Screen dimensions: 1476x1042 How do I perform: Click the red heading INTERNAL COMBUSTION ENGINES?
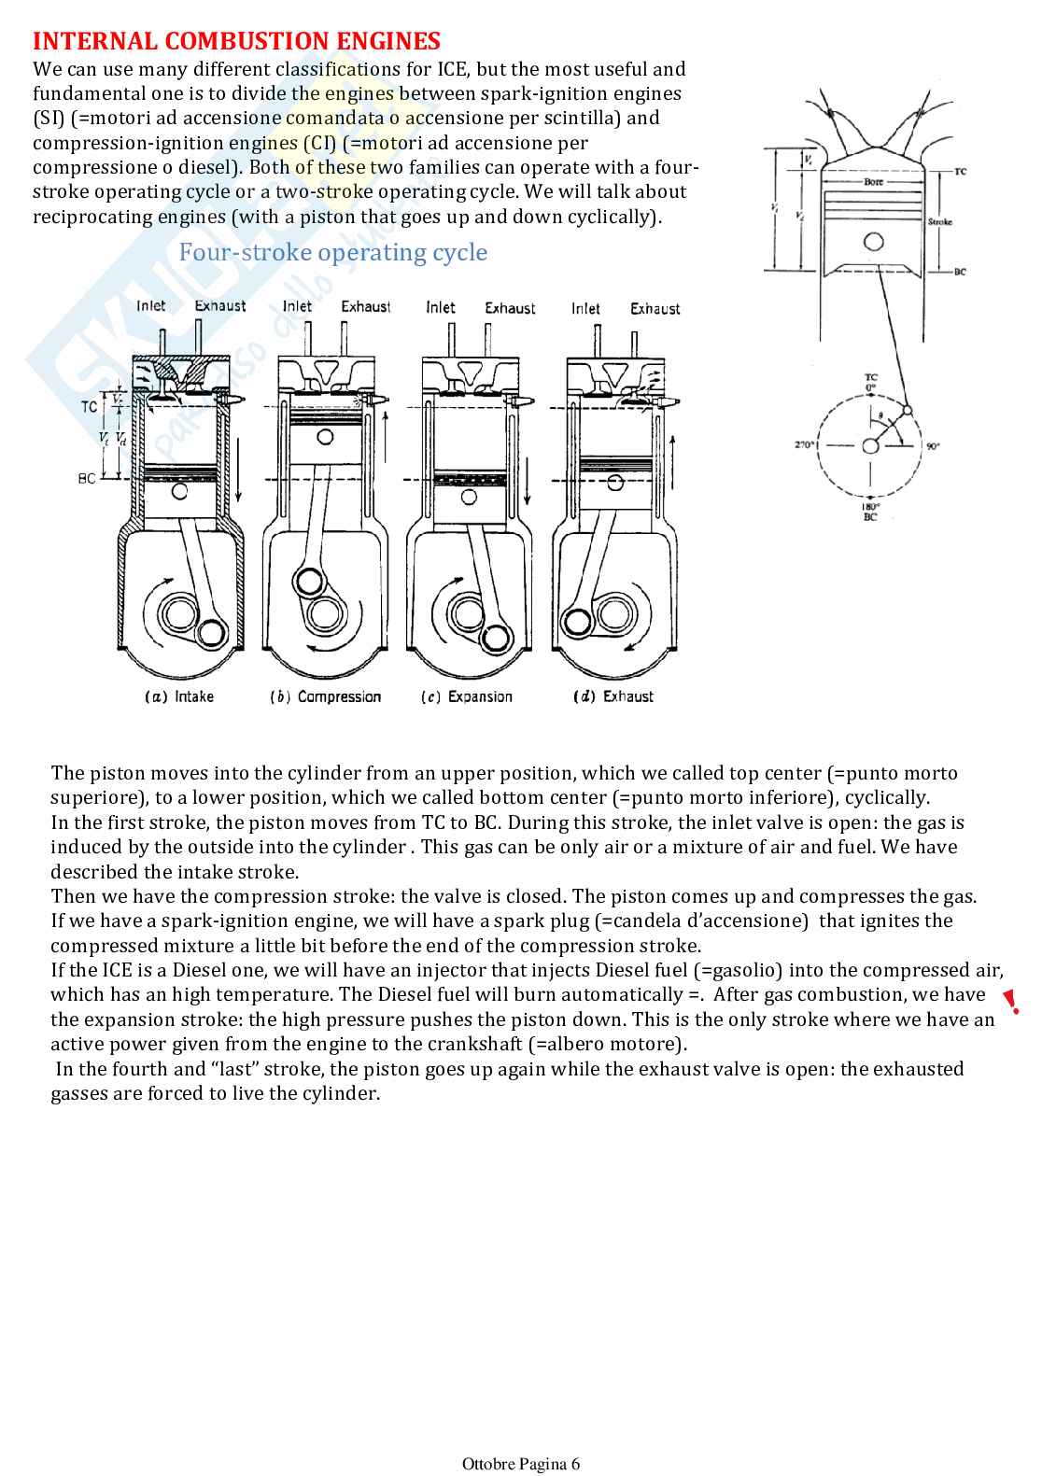[x=236, y=41]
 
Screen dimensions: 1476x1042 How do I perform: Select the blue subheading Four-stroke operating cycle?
[x=332, y=253]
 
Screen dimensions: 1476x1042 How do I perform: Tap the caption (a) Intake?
[x=179, y=696]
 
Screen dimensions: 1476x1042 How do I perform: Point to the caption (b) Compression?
[x=326, y=696]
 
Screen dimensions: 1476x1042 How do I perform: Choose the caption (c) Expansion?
[x=467, y=696]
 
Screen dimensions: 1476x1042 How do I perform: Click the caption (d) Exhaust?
[x=613, y=696]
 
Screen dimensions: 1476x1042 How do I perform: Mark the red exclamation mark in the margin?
[x=1011, y=1002]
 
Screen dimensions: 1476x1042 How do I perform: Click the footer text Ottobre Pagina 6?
[x=521, y=1464]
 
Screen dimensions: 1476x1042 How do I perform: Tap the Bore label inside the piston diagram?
[x=873, y=182]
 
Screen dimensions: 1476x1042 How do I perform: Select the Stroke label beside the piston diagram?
[x=939, y=222]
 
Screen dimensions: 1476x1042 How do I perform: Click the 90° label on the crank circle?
[x=933, y=446]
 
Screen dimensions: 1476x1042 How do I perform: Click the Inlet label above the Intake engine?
[x=151, y=306]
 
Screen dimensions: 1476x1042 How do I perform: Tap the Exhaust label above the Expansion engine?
[x=510, y=308]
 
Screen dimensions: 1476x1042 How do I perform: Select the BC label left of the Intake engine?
[x=87, y=479]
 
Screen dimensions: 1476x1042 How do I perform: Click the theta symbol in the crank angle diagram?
[x=880, y=416]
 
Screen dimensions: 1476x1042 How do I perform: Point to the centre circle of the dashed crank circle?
[x=870, y=446]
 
